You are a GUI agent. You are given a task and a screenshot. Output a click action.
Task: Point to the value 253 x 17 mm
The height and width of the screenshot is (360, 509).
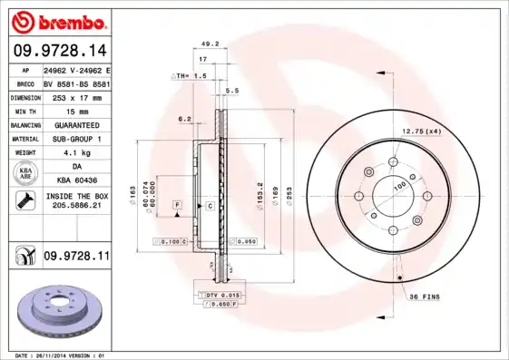[x=75, y=95]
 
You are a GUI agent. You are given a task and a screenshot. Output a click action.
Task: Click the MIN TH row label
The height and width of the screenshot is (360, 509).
[x=24, y=110]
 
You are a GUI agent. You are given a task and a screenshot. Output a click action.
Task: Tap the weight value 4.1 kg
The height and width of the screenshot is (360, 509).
[x=75, y=152]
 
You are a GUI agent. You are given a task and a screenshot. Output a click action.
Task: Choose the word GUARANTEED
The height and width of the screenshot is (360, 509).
[x=75, y=124]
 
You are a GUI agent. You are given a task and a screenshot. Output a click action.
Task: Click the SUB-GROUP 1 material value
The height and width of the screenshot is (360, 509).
[x=75, y=139]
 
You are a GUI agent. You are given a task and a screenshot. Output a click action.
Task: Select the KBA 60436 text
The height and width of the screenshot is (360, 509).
[x=75, y=181]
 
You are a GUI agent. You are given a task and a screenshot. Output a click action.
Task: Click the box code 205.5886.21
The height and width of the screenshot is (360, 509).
[x=75, y=206]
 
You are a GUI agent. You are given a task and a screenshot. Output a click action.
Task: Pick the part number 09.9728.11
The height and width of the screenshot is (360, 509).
[x=75, y=257]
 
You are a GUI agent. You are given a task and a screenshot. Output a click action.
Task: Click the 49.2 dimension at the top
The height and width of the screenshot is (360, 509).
[x=210, y=44]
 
